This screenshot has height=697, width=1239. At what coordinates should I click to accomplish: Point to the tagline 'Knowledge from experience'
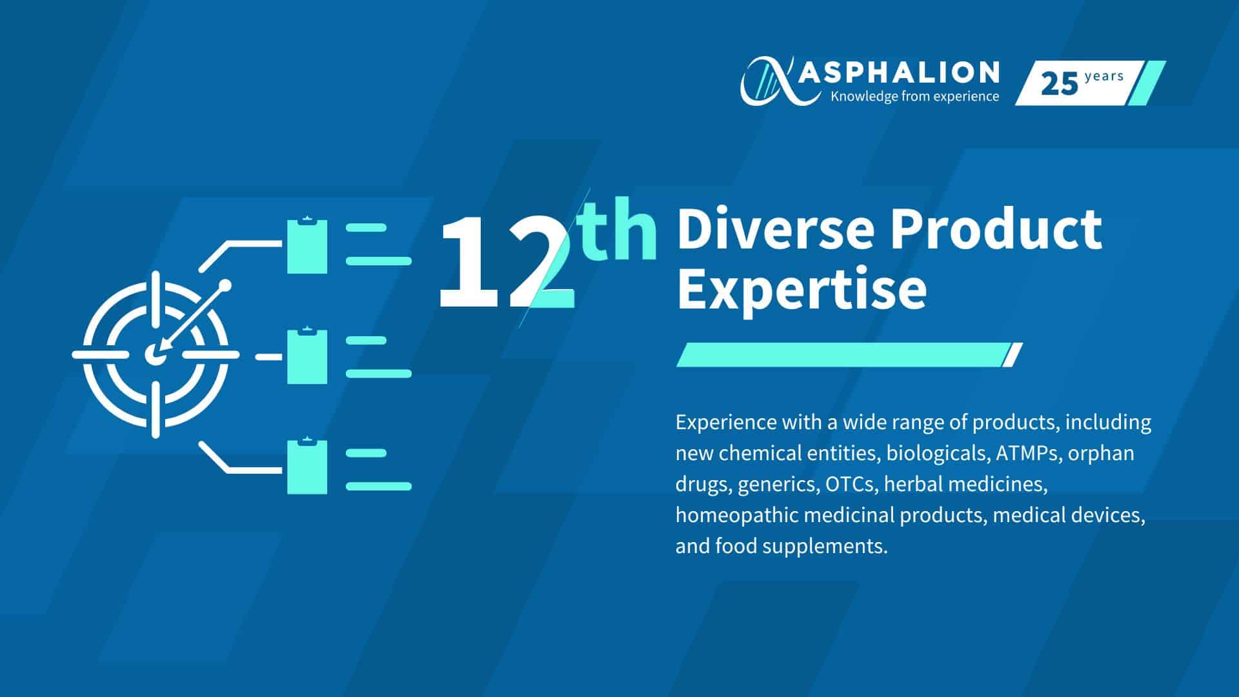click(x=915, y=97)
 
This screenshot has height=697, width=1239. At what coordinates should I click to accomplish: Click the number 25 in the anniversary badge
click(x=1059, y=84)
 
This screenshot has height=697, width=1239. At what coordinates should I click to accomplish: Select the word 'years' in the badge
click(x=1104, y=77)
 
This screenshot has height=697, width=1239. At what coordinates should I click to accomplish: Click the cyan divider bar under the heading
click(x=849, y=355)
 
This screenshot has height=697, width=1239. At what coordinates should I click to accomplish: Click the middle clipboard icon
click(x=307, y=356)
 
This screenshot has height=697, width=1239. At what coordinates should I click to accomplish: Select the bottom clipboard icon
click(x=307, y=466)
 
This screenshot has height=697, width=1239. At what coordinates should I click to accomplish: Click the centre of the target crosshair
click(x=155, y=354)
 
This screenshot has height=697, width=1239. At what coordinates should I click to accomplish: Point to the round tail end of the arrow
click(x=225, y=285)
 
